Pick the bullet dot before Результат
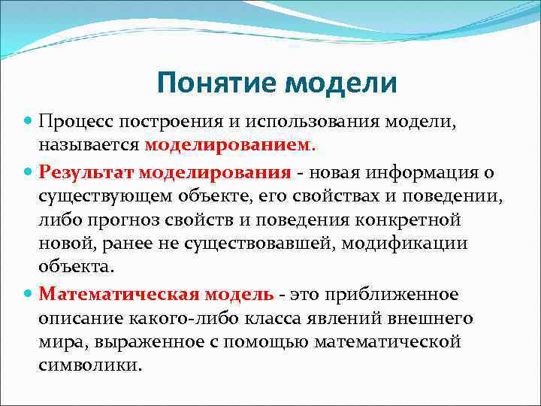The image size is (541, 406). click(29, 173)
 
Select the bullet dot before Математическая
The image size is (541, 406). click(29, 293)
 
